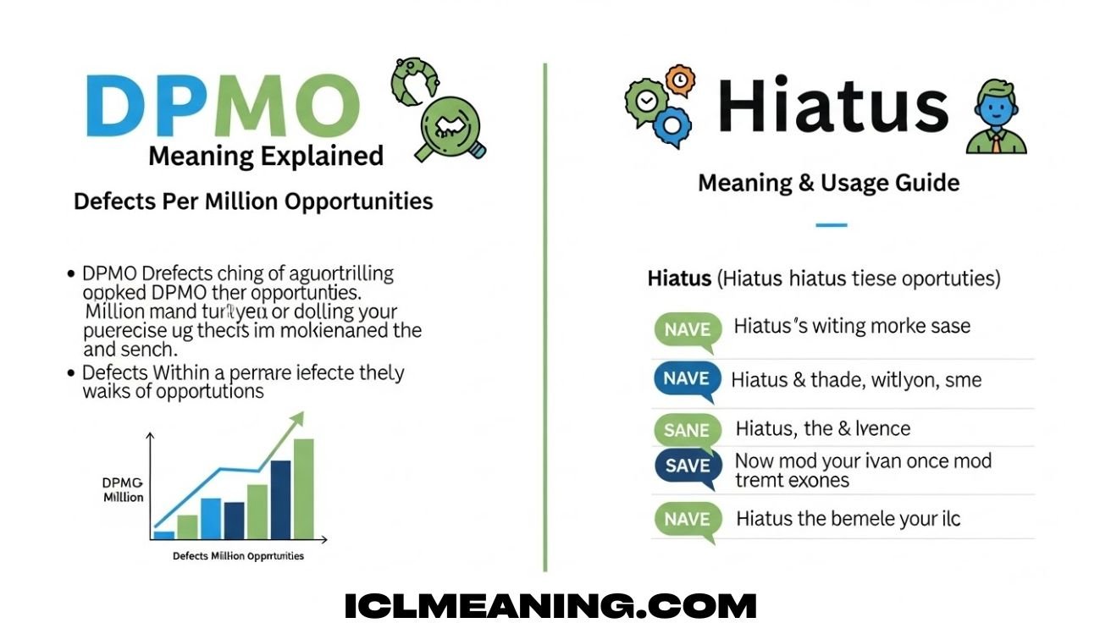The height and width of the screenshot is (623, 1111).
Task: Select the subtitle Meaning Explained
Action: [265, 157]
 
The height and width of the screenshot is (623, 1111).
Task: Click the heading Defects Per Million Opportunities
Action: [253, 201]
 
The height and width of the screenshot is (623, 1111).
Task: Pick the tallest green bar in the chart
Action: [303, 488]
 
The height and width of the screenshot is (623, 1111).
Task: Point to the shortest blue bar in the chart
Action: [163, 535]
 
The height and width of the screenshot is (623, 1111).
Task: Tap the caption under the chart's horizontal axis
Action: [238, 556]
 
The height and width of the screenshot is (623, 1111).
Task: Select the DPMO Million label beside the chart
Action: [123, 489]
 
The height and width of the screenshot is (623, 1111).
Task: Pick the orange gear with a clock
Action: [678, 79]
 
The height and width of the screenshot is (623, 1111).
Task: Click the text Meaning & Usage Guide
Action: [828, 183]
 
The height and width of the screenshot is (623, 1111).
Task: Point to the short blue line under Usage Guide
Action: [831, 225]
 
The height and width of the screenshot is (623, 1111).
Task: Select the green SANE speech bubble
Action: [687, 429]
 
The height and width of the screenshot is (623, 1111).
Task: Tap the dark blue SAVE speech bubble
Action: [687, 466]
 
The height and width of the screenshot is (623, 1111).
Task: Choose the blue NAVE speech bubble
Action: [687, 379]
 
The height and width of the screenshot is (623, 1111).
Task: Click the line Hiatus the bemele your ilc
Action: [848, 518]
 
